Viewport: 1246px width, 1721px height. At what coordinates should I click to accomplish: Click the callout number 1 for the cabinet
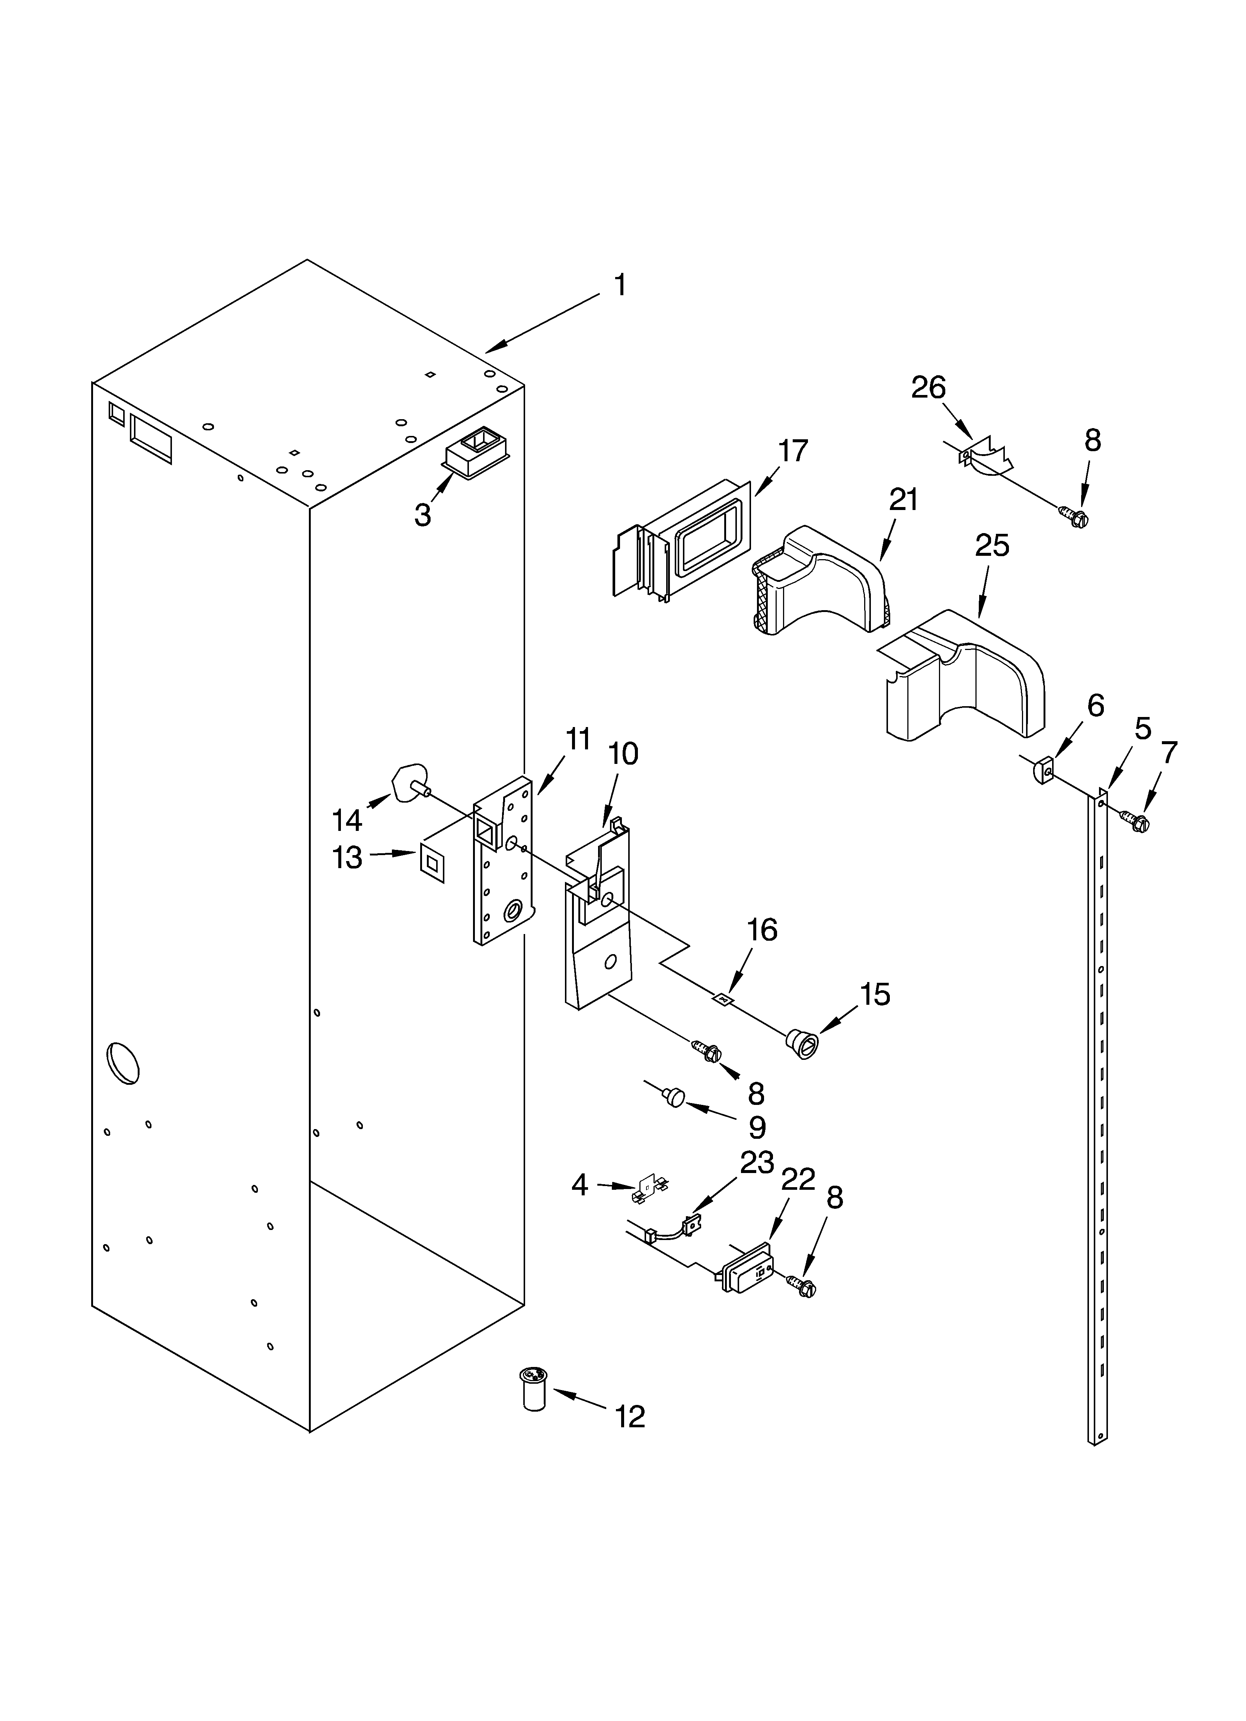(620, 286)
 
